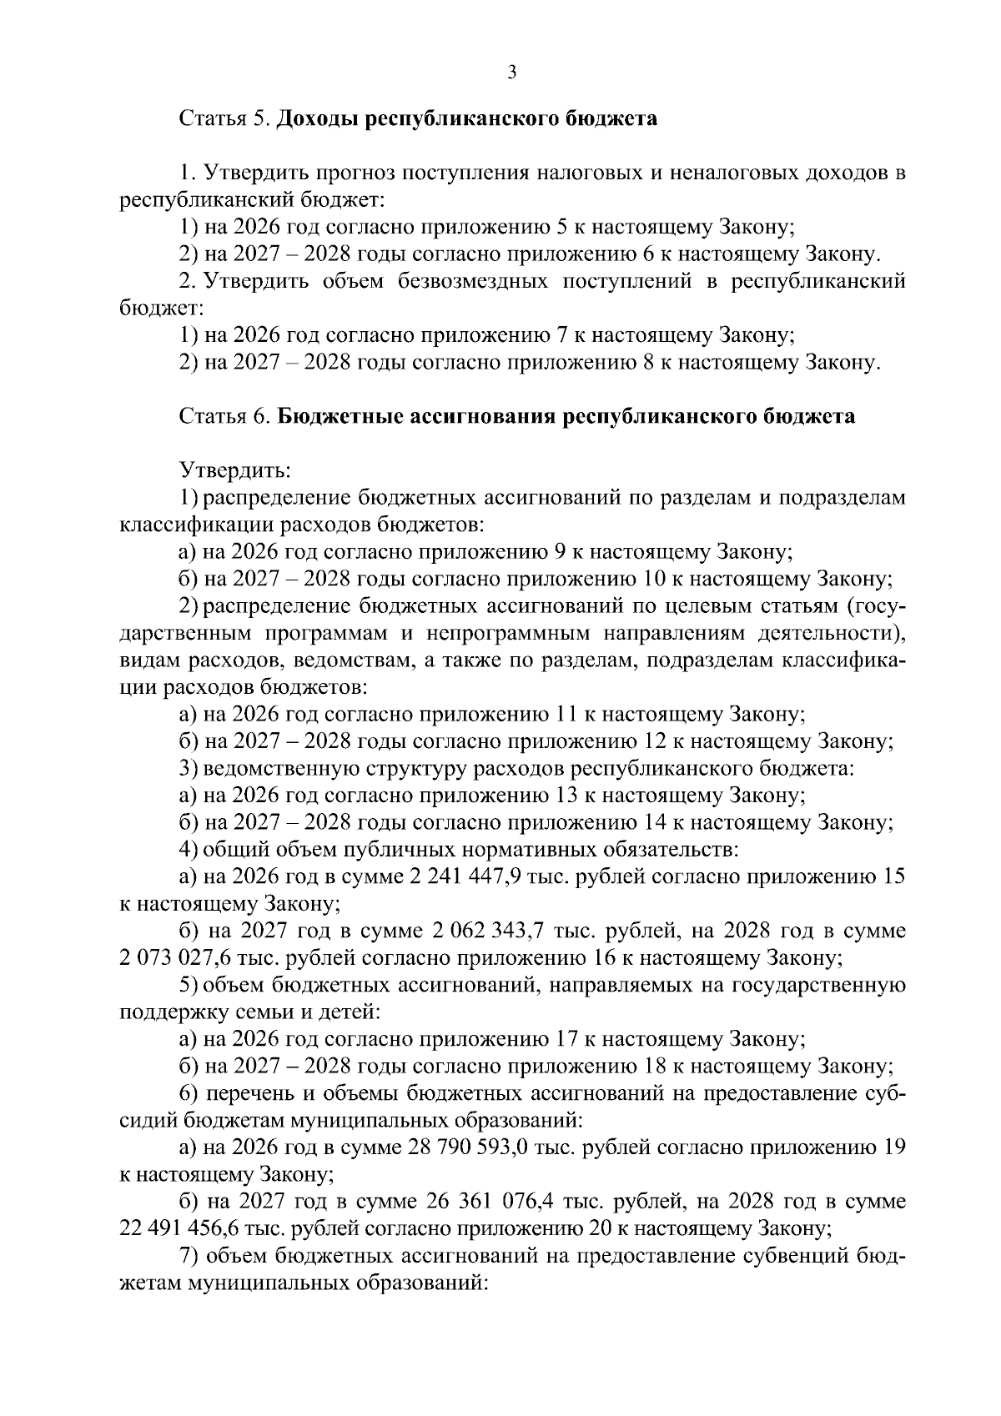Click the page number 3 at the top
click(x=512, y=73)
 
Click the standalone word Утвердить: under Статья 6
click(x=235, y=470)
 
